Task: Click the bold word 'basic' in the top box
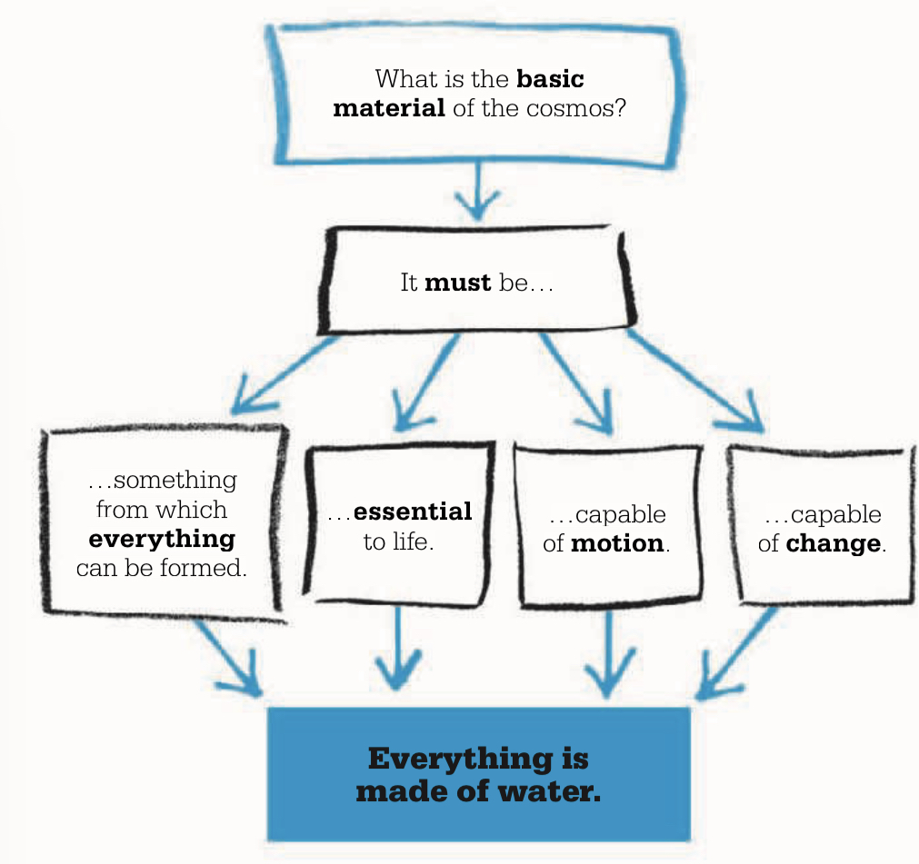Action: pos(550,78)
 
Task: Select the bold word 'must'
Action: pos(458,283)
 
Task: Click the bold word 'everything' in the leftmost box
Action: pos(162,539)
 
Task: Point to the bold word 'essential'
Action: pos(413,511)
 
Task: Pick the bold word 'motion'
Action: pos(617,545)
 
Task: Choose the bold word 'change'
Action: pos(833,545)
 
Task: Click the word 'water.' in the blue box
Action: pos(554,790)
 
